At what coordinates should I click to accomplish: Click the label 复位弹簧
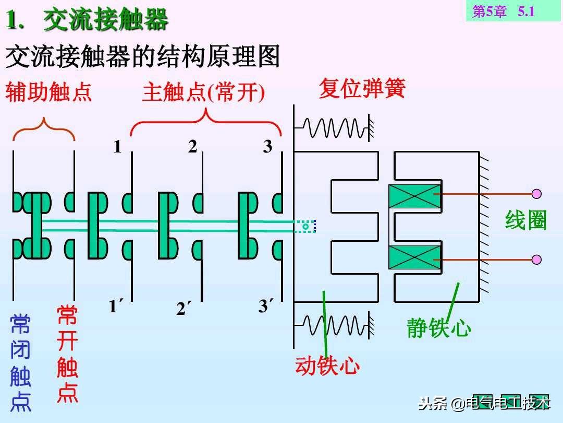(x=362, y=88)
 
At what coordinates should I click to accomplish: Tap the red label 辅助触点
(x=48, y=92)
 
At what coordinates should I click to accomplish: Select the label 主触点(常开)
(x=203, y=92)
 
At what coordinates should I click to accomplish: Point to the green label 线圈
(x=525, y=220)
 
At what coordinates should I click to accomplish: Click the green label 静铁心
(x=439, y=327)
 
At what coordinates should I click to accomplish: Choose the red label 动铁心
(x=327, y=366)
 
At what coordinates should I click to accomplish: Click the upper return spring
(x=334, y=128)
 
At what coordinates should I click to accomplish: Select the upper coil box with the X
(x=415, y=196)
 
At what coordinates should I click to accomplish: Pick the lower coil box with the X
(x=415, y=257)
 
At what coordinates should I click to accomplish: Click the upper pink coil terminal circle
(x=536, y=194)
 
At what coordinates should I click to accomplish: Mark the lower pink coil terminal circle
(x=536, y=260)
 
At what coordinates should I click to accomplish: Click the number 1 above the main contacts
(x=117, y=147)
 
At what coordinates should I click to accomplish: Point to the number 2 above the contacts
(x=193, y=146)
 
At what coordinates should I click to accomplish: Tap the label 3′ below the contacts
(x=266, y=305)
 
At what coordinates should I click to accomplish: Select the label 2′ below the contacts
(x=183, y=308)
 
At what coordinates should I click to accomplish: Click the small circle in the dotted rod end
(x=305, y=226)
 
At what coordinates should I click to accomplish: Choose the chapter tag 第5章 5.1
(x=504, y=11)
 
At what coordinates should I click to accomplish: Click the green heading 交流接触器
(x=105, y=20)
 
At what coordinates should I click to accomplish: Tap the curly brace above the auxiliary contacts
(x=44, y=129)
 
